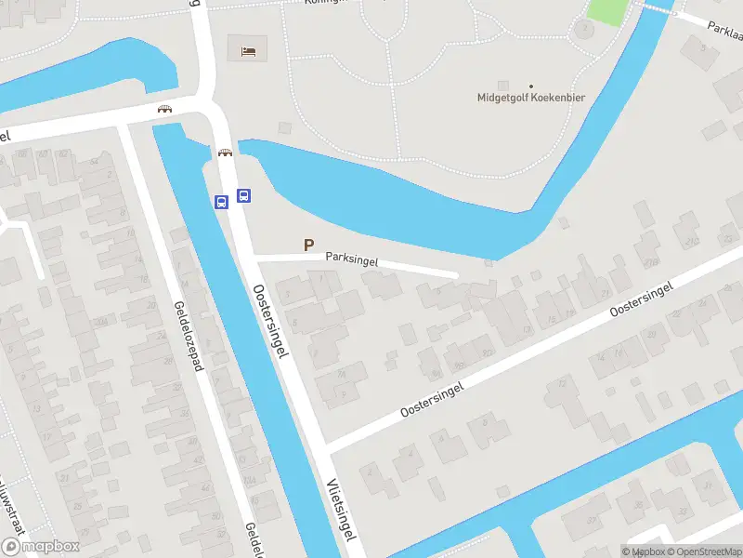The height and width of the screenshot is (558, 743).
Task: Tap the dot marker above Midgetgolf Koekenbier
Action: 532,86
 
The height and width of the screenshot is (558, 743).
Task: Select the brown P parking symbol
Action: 308,245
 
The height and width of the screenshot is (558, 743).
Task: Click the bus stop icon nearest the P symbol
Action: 243,195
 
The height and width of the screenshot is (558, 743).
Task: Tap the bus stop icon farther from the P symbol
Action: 221,202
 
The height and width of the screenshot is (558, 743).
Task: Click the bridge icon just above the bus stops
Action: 224,153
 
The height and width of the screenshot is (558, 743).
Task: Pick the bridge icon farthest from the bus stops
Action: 165,108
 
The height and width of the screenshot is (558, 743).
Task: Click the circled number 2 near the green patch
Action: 584,29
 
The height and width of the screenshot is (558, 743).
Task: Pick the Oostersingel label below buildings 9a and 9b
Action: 431,399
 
